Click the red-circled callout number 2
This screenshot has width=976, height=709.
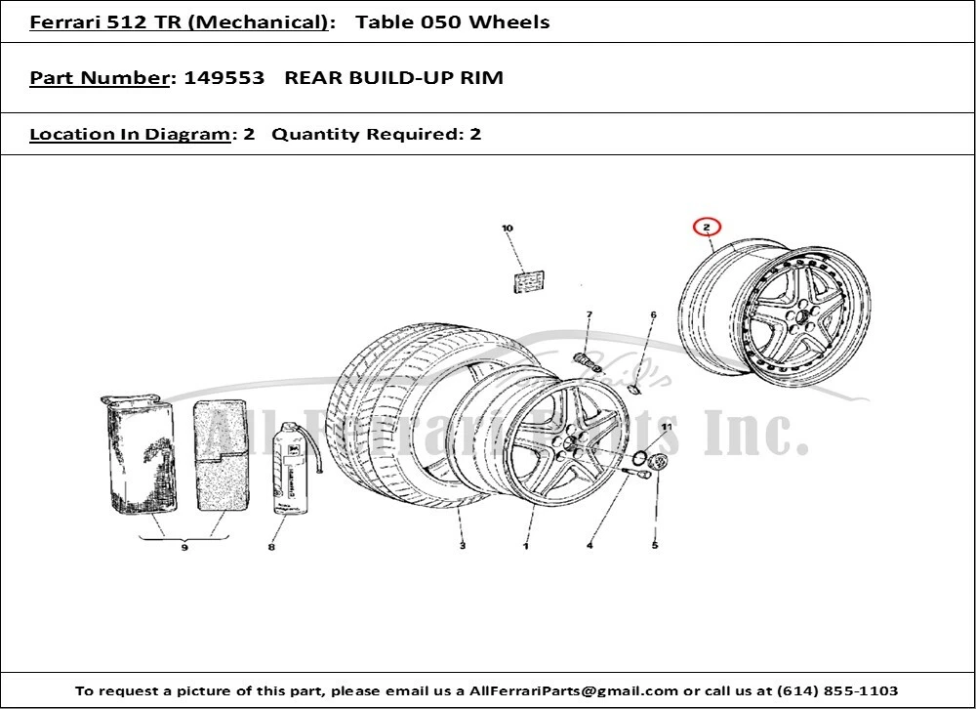pyautogui.click(x=705, y=228)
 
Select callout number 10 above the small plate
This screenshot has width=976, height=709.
pyautogui.click(x=508, y=229)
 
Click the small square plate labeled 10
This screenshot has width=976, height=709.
pyautogui.click(x=528, y=280)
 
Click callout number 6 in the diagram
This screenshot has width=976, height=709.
pyautogui.click(x=653, y=314)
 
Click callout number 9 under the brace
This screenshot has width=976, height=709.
pyautogui.click(x=183, y=547)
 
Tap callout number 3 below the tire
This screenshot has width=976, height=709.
pyautogui.click(x=462, y=546)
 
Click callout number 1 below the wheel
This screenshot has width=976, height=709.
pyautogui.click(x=525, y=546)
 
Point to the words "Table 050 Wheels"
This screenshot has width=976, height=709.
pyautogui.click(x=452, y=22)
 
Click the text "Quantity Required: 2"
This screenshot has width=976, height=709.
pyautogui.click(x=376, y=135)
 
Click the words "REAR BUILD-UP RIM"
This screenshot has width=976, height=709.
pyautogui.click(x=393, y=78)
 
